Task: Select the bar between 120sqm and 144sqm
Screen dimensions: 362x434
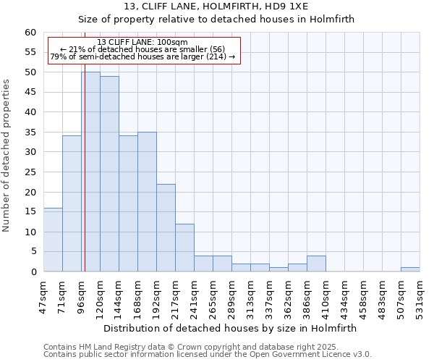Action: tap(109, 174)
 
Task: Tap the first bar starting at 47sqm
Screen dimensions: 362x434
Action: tap(53, 240)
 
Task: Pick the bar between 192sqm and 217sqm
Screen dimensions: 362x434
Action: tap(166, 227)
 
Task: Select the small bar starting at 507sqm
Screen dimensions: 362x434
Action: tap(410, 269)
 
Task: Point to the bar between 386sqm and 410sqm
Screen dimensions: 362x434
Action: tap(316, 264)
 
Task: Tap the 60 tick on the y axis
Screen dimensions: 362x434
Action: tap(30, 33)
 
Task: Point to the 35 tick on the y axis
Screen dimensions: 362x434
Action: tap(30, 132)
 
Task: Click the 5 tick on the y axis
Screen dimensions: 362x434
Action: tap(33, 252)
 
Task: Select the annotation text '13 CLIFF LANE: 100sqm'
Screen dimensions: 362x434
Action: tap(142, 42)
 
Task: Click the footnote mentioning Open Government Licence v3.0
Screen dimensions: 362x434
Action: tap(208, 355)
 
